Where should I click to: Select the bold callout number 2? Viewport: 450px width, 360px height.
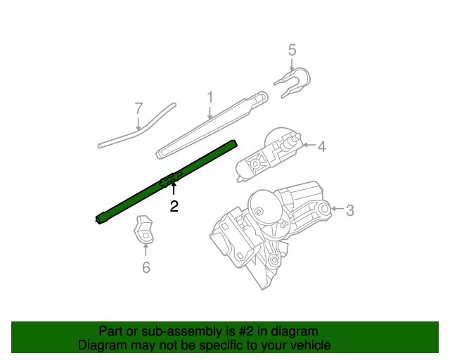tap(173, 206)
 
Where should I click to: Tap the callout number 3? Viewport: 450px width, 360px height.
tap(349, 209)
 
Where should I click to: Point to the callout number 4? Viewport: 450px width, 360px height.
tap(321, 146)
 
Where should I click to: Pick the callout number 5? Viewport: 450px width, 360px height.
tap(292, 50)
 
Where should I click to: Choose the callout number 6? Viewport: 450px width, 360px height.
tap(146, 267)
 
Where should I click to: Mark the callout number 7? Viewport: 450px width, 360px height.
tap(139, 108)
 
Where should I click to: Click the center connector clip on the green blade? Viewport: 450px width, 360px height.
tap(171, 180)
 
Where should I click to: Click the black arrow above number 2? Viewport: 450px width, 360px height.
tap(173, 188)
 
